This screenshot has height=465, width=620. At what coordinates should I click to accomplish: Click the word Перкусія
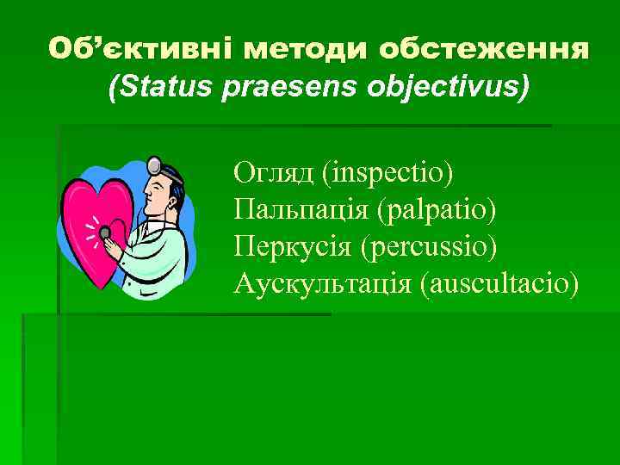(x=293, y=246)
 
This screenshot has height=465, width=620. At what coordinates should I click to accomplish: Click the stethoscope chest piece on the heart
(x=105, y=232)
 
